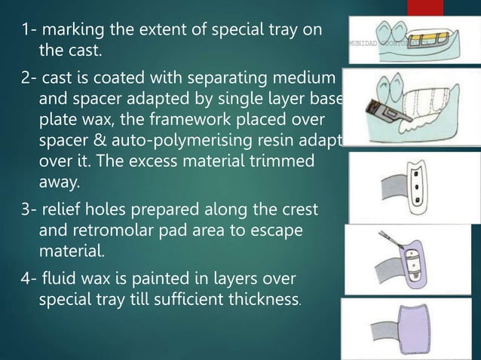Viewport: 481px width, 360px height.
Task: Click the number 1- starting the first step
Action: (30, 31)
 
